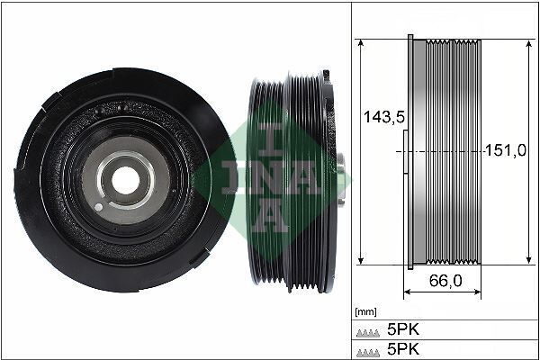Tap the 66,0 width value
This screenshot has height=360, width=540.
pyautogui.click(x=445, y=281)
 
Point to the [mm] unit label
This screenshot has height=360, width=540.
pyautogui.click(x=365, y=311)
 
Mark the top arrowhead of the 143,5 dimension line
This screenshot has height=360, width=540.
pyautogui.click(x=360, y=42)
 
